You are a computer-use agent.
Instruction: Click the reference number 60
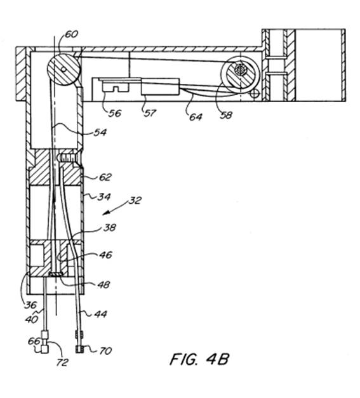point(72,34)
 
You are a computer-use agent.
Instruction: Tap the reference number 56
point(115,113)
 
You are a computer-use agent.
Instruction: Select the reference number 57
point(150,113)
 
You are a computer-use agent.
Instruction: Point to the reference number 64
point(196,117)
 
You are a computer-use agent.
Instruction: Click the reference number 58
point(226,116)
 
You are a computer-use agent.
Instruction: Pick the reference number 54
point(100,132)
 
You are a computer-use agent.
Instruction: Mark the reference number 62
point(105,177)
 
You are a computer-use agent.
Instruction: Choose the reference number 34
point(104,197)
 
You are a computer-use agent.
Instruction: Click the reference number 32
point(135,201)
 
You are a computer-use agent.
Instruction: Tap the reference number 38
point(110,227)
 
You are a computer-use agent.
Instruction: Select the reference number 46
point(105,255)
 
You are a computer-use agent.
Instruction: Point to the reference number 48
point(104,285)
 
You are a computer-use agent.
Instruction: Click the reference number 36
point(30,305)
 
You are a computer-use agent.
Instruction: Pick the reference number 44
point(100,314)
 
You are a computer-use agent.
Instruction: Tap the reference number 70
point(105,351)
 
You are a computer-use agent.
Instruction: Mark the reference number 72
point(62,362)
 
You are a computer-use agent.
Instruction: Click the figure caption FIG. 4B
point(199,359)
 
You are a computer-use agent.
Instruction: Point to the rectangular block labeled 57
point(161,86)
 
